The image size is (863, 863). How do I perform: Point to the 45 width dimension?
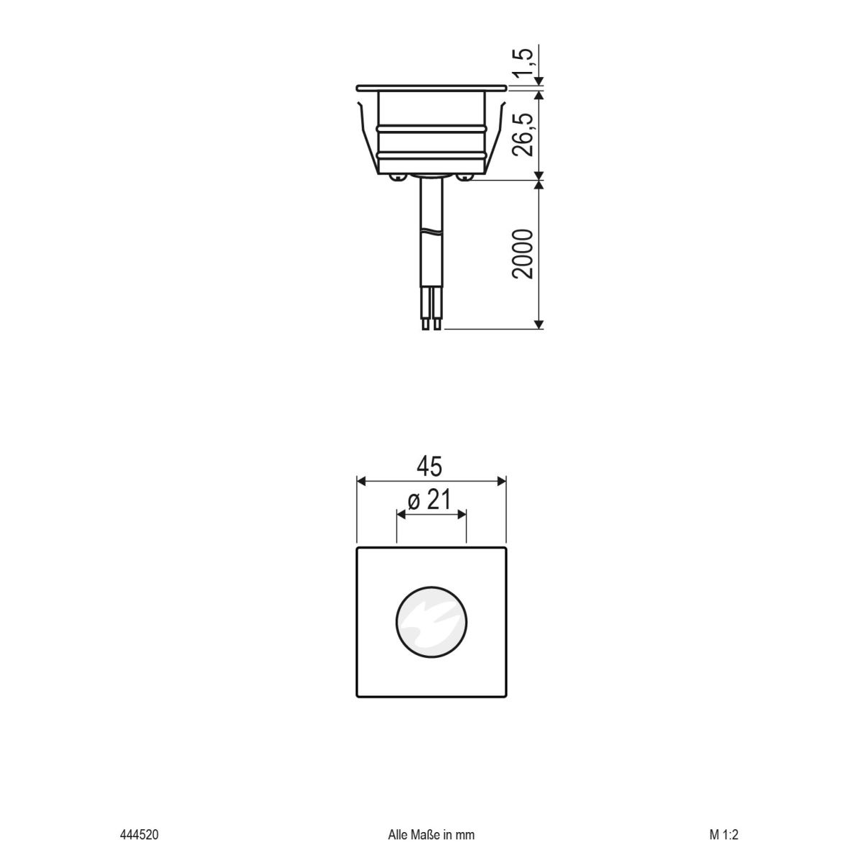tap(431, 467)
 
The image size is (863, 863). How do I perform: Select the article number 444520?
tap(139, 835)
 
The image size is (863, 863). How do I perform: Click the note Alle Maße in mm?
tap(431, 835)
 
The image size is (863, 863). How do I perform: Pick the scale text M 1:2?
tap(723, 835)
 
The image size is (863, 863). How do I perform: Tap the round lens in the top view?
tap(431, 622)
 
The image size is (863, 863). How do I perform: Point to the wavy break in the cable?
tap(431, 232)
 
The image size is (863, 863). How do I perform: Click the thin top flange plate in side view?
tap(431, 88)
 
